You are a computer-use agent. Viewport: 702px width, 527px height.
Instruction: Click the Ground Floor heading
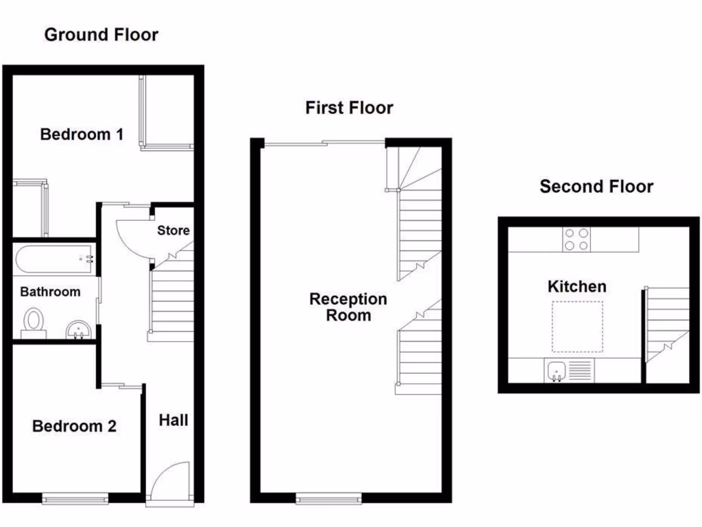101,34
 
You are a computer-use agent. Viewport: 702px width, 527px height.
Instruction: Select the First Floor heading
349,108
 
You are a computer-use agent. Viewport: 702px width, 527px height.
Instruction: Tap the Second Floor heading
596,186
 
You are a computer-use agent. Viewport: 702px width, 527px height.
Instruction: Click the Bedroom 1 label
82,134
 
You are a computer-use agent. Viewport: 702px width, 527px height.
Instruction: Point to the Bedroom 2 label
74,426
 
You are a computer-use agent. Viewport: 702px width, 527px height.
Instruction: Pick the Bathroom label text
50,292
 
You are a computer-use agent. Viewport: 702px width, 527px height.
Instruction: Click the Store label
173,230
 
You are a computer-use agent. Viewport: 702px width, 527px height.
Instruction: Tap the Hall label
173,419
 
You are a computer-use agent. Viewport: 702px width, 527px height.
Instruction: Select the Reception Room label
348,307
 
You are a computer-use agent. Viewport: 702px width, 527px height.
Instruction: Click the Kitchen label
577,286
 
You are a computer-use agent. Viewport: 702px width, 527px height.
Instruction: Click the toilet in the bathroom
33,323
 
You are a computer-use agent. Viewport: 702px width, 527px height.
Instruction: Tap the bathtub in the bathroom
53,259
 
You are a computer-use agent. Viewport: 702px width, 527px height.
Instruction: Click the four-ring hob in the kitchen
577,239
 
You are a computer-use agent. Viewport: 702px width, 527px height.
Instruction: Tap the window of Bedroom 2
75,499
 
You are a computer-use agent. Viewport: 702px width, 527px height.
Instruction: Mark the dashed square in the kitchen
577,326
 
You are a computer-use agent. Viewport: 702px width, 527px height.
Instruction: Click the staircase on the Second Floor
667,323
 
